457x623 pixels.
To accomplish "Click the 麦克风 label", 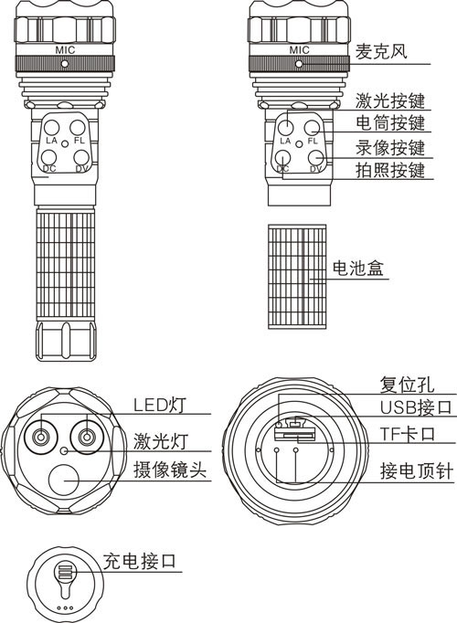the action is click(381, 51).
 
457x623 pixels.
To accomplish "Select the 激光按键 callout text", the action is click(390, 100).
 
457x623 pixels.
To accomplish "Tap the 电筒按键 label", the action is click(390, 122).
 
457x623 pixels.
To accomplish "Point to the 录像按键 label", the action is click(390, 148).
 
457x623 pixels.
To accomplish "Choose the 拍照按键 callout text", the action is click(390, 170).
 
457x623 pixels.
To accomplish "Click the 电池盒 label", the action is click(357, 269).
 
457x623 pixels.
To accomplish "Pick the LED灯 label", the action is click(159, 405).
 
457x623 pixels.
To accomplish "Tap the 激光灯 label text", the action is click(160, 441).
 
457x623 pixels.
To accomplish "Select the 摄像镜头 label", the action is click(170, 470).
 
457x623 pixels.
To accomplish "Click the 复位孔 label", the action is click(407, 385).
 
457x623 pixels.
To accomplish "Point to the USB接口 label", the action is click(416, 407).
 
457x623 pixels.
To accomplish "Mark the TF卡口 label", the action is click(408, 434).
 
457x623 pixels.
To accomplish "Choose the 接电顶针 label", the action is click(416, 471).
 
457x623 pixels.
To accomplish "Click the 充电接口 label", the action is click(139, 562).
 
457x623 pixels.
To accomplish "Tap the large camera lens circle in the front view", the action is click(64, 480).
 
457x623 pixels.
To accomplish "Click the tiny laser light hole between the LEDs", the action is click(64, 450).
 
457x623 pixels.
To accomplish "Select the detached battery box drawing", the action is click(297, 277).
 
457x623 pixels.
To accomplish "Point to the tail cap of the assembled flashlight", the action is click(66, 341).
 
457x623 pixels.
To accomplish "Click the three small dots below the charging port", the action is click(65, 607).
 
